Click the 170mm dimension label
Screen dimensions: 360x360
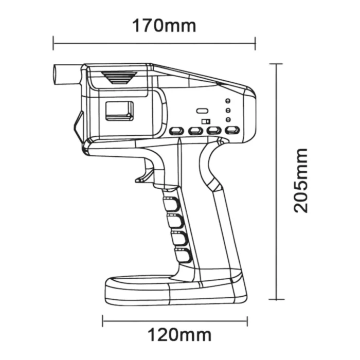(x=164, y=25)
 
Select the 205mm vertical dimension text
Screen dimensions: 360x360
(x=301, y=181)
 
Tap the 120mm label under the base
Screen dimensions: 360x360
(x=179, y=335)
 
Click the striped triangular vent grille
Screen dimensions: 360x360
(x=119, y=77)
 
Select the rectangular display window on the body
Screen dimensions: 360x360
(x=119, y=111)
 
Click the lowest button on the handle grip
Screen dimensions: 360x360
(x=182, y=254)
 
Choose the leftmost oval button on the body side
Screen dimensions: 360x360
(x=177, y=131)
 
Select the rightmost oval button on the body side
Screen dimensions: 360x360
(x=232, y=131)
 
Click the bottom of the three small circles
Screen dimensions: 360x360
(x=228, y=119)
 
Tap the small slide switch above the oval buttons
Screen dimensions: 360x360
(x=206, y=121)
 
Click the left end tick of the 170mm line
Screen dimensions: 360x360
(x=53, y=43)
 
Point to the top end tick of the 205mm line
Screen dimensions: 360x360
(x=276, y=64)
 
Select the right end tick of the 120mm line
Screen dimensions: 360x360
(x=247, y=321)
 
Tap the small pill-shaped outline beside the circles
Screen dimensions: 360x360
(x=202, y=111)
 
